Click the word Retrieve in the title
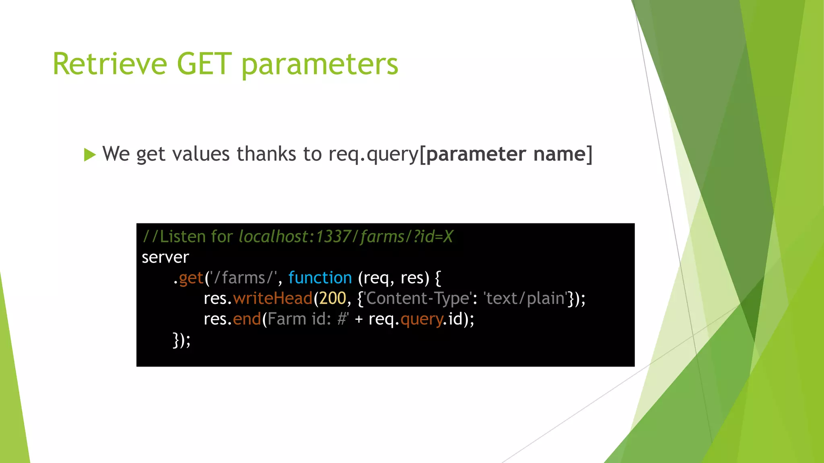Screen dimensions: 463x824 point(109,64)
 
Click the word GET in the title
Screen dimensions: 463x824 point(204,64)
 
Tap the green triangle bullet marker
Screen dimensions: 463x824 point(90,155)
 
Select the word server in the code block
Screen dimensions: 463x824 point(165,258)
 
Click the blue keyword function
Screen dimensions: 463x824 point(320,278)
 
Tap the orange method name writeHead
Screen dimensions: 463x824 point(273,298)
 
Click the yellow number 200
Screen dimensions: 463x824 point(332,298)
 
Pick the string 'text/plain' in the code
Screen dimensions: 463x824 point(525,298)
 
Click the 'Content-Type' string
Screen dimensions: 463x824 point(417,298)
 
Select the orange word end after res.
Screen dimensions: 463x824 point(247,319)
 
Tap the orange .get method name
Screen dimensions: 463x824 point(191,278)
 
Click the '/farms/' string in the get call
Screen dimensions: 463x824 point(243,278)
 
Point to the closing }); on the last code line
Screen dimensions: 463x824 point(181,340)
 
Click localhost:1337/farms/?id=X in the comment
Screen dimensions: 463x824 point(346,237)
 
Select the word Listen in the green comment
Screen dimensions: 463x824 point(183,237)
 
